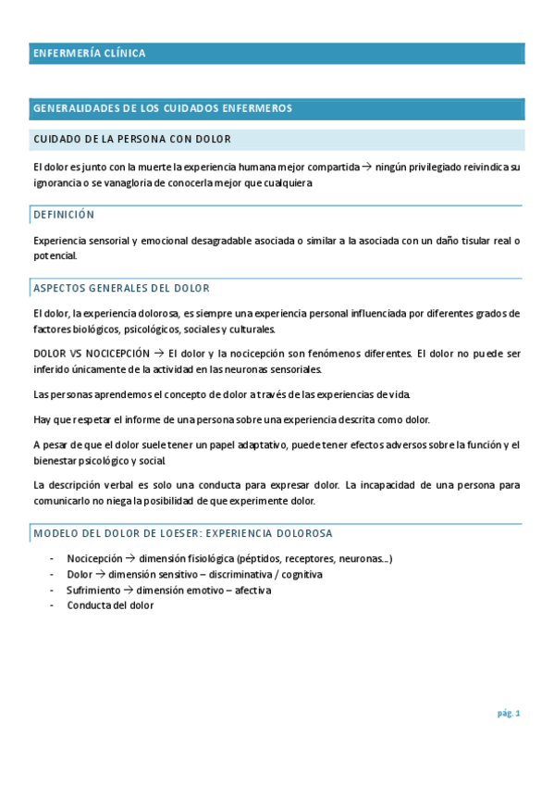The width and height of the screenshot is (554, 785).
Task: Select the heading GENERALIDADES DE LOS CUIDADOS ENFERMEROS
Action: [x=163, y=108]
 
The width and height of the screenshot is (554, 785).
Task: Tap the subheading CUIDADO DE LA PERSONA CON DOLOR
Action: [x=132, y=139]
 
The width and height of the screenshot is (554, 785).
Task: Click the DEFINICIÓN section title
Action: [x=64, y=215]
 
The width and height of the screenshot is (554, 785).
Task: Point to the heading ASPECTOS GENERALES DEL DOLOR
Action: [x=121, y=289]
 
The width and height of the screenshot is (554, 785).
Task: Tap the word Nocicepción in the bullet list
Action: [x=94, y=558]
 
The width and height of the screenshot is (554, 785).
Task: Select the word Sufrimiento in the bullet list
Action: [x=93, y=590]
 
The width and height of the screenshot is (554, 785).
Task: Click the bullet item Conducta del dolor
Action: [x=110, y=605]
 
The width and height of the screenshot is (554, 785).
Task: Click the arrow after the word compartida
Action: [x=367, y=168]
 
